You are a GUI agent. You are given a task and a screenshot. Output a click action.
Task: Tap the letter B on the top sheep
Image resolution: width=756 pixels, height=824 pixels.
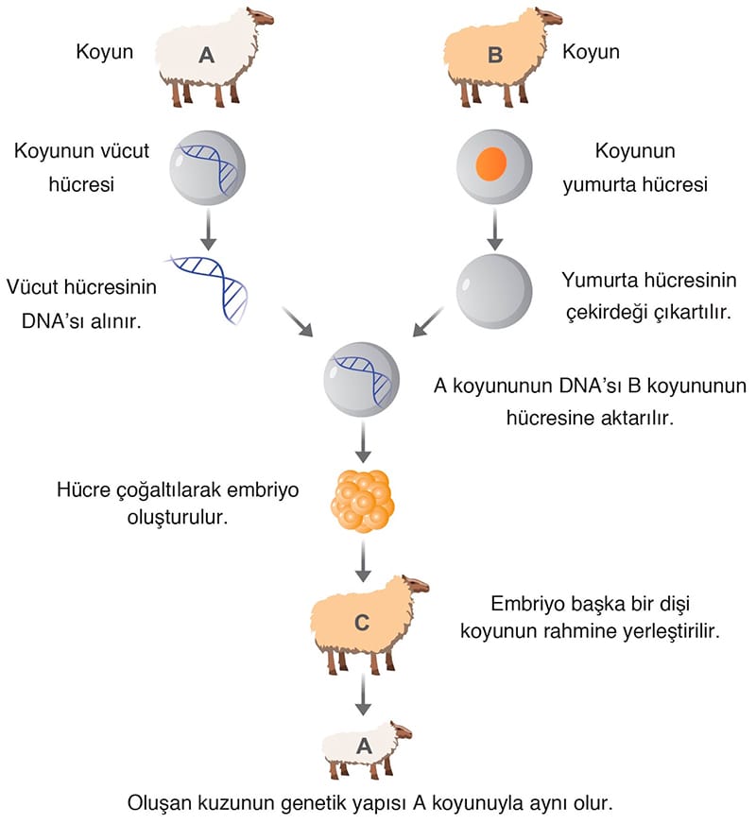click(494, 56)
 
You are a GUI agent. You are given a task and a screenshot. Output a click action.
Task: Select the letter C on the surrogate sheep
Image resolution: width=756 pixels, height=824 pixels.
click(361, 622)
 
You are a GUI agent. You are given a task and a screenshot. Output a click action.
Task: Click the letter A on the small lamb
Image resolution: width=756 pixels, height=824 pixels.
click(363, 745)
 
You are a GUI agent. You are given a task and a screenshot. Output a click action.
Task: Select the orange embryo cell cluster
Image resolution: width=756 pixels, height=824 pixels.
click(361, 500)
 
